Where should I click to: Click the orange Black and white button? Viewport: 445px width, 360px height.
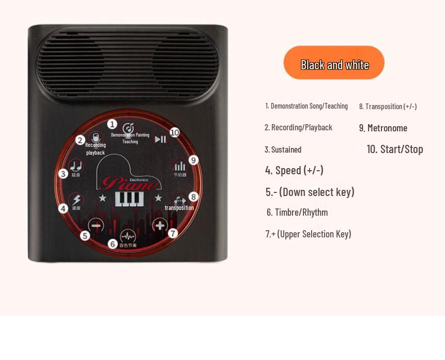pos(334,63)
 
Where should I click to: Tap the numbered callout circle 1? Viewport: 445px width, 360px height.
pos(112,124)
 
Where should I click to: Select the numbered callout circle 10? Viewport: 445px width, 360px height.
pos(175,132)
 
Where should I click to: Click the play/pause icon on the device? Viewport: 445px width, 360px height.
pos(161,139)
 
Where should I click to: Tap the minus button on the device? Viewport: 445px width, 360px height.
pos(96,226)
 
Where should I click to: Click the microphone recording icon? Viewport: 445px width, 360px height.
pos(95,138)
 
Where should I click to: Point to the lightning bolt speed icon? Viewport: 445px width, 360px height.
pos(76,200)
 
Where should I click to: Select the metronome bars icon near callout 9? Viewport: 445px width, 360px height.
pos(179,166)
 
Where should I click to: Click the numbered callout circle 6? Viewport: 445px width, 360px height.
pos(113,244)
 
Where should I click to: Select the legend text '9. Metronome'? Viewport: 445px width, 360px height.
pos(383,128)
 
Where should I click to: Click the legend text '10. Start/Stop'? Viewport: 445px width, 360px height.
pos(395,149)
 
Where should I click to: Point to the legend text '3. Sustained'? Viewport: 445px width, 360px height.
pos(283,149)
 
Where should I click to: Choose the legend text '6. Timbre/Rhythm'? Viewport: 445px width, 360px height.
pos(297,212)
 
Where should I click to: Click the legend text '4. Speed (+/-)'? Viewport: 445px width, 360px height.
pos(294,170)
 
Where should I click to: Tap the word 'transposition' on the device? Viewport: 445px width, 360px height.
pos(179,208)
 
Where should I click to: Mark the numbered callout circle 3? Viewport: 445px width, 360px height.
pos(63,174)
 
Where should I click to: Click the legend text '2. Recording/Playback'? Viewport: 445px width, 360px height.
pos(298,127)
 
